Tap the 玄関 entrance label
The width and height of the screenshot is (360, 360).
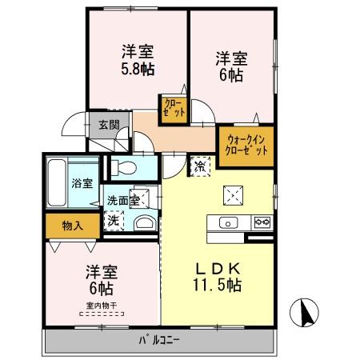click(108, 125)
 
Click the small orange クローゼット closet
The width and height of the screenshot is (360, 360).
click(174, 108)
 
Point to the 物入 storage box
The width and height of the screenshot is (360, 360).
click(73, 226)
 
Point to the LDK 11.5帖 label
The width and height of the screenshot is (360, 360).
click(215, 275)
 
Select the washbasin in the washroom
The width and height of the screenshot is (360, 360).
click(144, 223)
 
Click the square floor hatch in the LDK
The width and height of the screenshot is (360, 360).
click(234, 194)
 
